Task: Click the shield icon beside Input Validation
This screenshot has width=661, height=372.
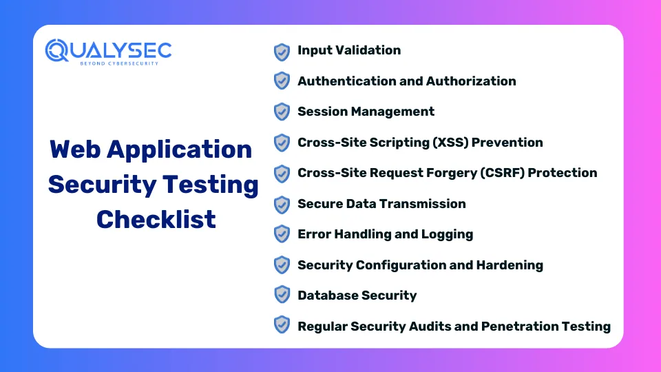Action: [x=282, y=52]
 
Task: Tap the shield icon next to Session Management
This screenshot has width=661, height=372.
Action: [x=282, y=112]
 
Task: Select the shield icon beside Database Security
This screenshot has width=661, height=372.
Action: [x=282, y=294]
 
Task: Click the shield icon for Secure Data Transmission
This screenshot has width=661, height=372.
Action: [x=282, y=205]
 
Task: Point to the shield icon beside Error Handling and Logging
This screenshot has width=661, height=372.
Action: [x=282, y=234]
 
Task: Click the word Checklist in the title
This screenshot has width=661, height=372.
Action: [x=156, y=219]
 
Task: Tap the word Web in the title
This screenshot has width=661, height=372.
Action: [x=75, y=149]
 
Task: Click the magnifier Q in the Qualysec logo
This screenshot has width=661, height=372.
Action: [x=56, y=51]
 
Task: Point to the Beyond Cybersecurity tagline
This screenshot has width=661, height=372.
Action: [x=119, y=63]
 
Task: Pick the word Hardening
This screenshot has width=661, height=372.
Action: [x=510, y=265]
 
